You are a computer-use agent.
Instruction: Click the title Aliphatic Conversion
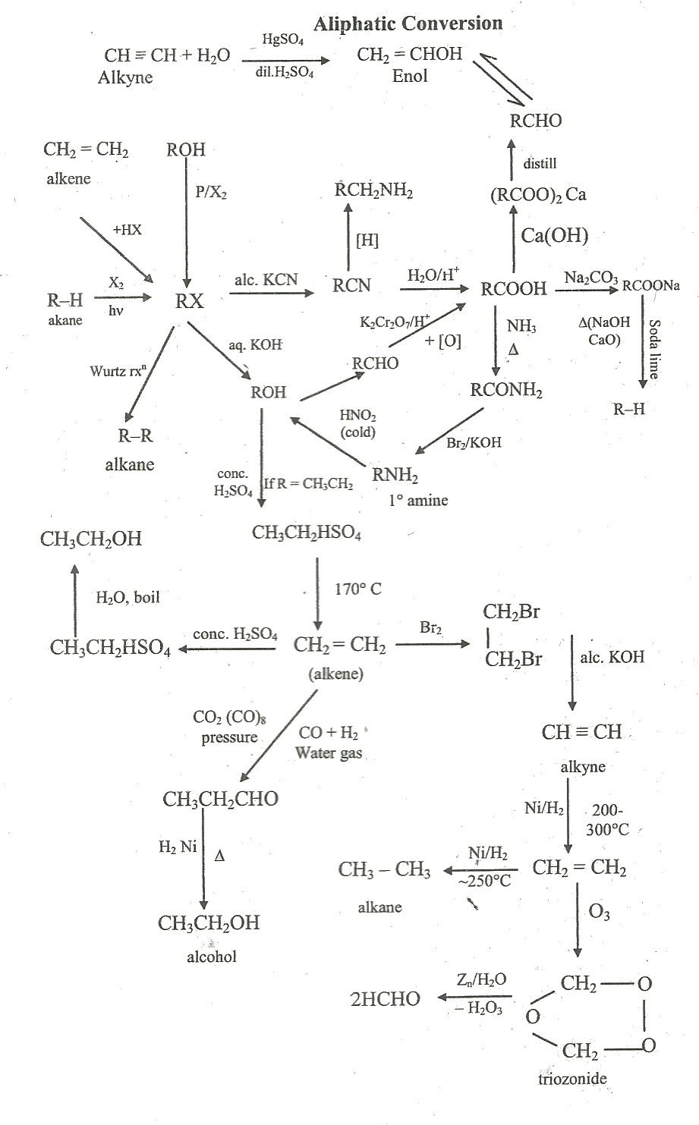(408, 24)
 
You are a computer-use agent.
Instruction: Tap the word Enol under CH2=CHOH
(410, 76)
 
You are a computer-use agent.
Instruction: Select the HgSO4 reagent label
(282, 40)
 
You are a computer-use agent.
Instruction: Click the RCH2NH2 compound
(373, 190)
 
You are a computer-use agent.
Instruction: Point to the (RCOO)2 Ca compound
(538, 195)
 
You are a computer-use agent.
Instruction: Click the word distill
(540, 163)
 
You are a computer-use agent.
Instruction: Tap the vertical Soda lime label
(653, 349)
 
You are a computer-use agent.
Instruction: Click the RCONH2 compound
(506, 390)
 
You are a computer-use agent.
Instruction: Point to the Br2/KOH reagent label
(474, 442)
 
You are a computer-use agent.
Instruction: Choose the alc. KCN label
(266, 279)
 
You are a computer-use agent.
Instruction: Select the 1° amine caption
(418, 500)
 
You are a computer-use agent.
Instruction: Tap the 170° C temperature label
(358, 589)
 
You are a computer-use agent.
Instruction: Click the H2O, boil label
(128, 597)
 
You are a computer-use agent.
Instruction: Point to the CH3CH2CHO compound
(220, 798)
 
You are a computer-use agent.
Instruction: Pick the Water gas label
(329, 753)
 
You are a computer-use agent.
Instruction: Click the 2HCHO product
(385, 999)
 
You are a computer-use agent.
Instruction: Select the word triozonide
(572, 1078)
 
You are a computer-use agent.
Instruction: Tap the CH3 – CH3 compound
(384, 869)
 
